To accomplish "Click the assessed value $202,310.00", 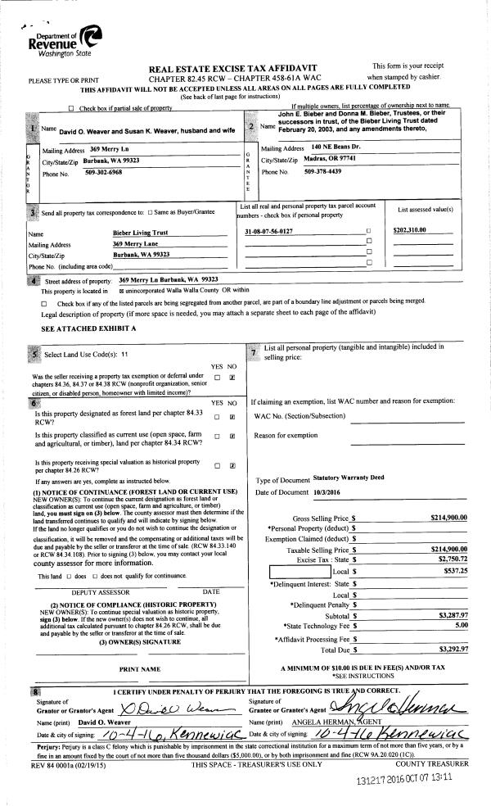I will tap(410, 230).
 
